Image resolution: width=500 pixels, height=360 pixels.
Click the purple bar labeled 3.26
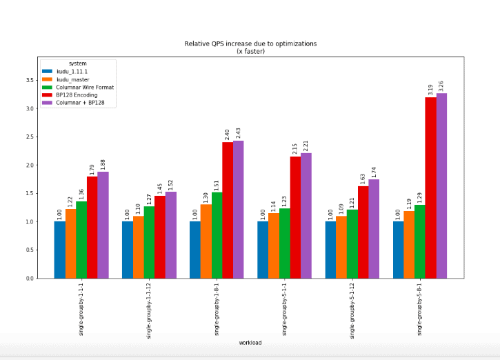(x=441, y=186)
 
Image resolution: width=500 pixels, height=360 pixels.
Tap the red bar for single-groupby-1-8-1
(x=228, y=210)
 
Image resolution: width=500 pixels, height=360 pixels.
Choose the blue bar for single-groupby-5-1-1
(x=263, y=250)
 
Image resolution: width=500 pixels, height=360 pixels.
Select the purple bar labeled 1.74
(x=374, y=228)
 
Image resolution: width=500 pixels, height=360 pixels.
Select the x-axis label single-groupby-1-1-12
(x=149, y=310)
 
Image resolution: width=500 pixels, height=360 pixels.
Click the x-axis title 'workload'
(x=250, y=343)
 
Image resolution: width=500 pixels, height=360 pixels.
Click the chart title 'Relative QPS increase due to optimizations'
(x=250, y=43)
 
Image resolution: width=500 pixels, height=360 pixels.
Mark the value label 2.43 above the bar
(x=239, y=131)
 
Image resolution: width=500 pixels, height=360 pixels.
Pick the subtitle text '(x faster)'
(x=250, y=51)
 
